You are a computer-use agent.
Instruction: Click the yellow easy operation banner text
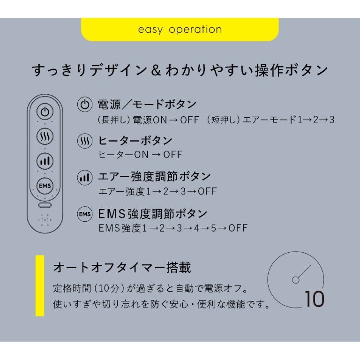pyautogui.click(x=180, y=30)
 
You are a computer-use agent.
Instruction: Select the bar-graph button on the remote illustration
pyautogui.click(x=45, y=161)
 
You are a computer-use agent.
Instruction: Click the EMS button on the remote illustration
pyautogui.click(x=45, y=185)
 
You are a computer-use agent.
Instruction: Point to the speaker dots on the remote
pyautogui.click(x=45, y=220)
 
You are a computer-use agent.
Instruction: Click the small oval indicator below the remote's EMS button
pyautogui.click(x=45, y=205)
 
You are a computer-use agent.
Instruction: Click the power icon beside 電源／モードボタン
pyautogui.click(x=85, y=104)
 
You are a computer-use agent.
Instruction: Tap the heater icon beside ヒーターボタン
pyautogui.click(x=85, y=141)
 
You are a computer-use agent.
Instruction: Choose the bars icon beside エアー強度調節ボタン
pyautogui.click(x=85, y=177)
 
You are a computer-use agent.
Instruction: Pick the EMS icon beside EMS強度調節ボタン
pyautogui.click(x=85, y=214)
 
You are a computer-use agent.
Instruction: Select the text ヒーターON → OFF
pyautogui.click(x=140, y=155)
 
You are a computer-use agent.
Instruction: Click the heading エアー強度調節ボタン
pyautogui.click(x=154, y=177)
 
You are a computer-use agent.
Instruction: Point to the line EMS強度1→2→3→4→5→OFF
pyautogui.click(x=173, y=228)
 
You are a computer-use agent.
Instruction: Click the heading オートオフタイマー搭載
pyautogui.click(x=122, y=268)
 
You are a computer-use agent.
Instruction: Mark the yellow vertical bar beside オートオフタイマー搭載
pyautogui.click(x=40, y=285)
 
